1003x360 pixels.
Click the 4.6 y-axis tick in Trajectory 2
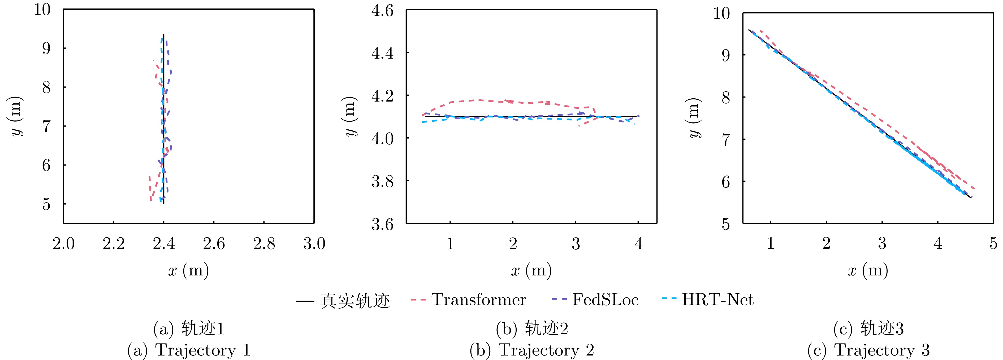(382, 11)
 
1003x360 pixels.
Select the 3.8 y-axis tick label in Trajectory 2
(382, 181)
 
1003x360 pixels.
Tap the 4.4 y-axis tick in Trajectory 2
(382, 53)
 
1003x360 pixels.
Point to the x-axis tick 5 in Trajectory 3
(993, 244)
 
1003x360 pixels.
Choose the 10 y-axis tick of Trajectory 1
(42, 9)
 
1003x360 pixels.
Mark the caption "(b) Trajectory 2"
(531, 350)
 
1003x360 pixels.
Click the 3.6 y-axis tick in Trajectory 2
(382, 224)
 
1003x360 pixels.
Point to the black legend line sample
(305, 301)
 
